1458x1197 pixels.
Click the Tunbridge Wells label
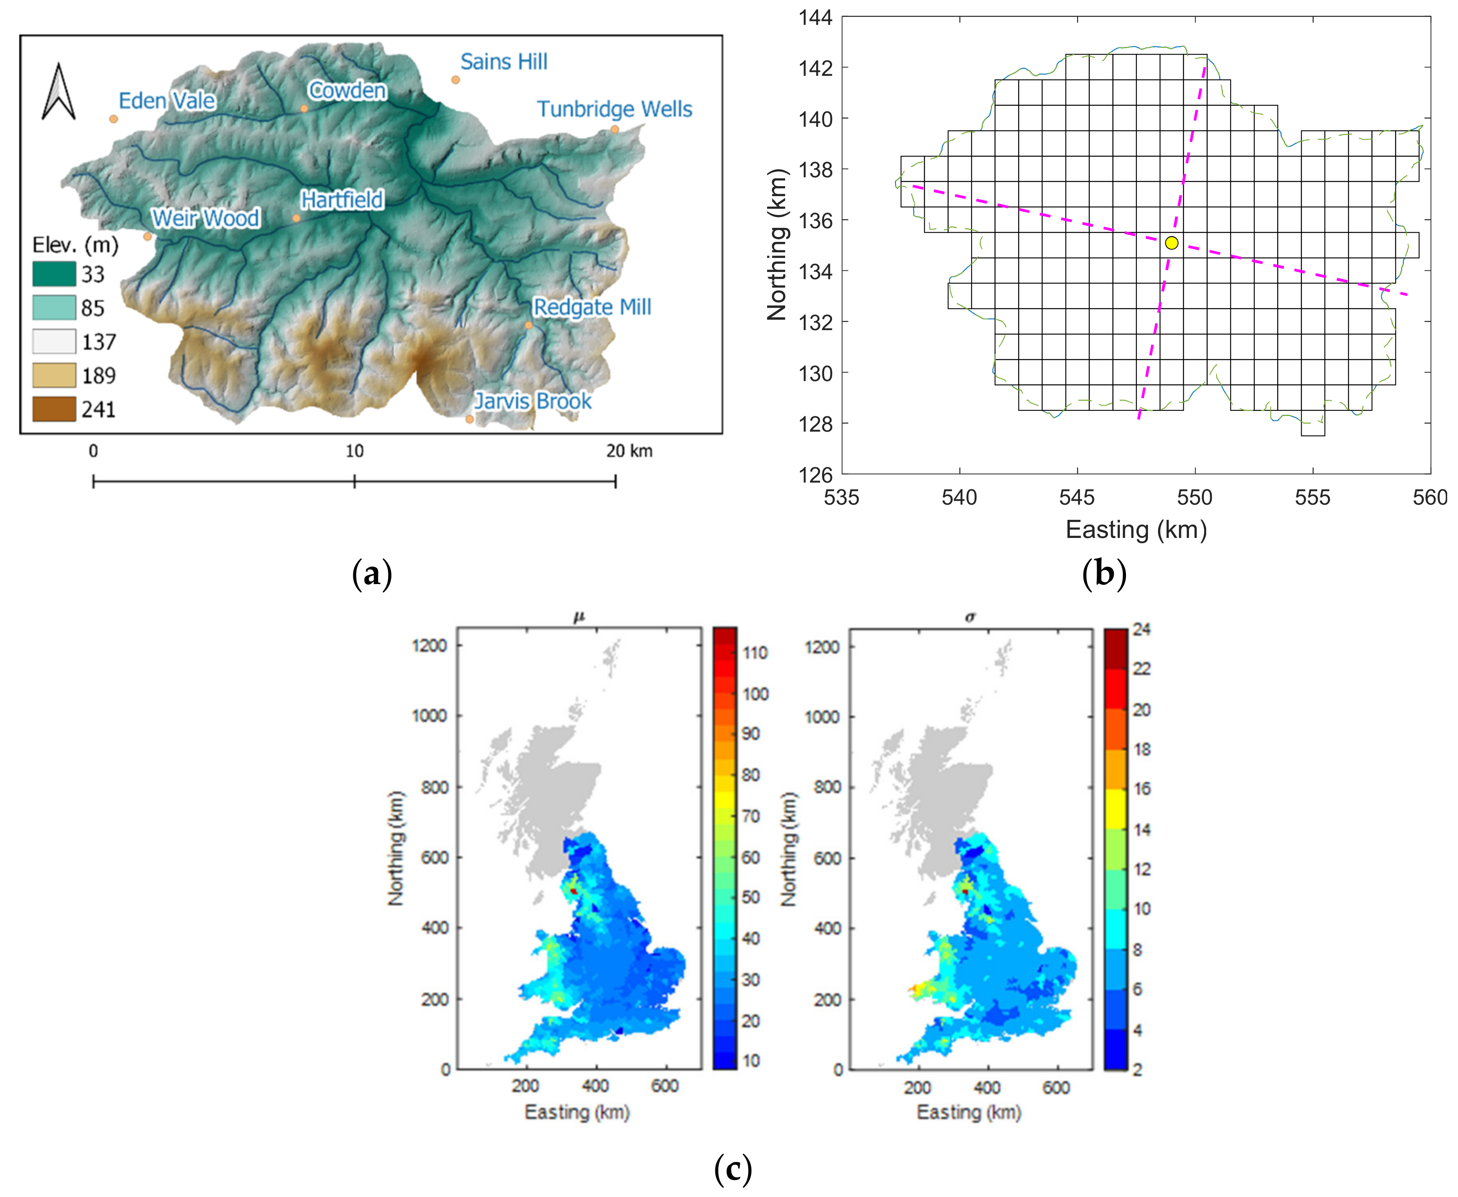pyautogui.click(x=614, y=109)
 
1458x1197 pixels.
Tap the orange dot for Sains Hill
pyautogui.click(x=456, y=80)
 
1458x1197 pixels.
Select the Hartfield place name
pyautogui.click(x=342, y=200)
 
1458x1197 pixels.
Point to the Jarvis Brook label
pyautogui.click(x=532, y=401)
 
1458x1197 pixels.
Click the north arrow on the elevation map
pyautogui.click(x=59, y=92)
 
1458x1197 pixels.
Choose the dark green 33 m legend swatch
pyautogui.click(x=54, y=274)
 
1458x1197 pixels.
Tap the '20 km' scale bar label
pyautogui.click(x=629, y=451)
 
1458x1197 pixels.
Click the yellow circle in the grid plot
pyautogui.click(x=1171, y=243)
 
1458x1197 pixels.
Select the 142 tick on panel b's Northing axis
pyautogui.click(x=816, y=67)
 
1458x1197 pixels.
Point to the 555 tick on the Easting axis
pyautogui.click(x=1312, y=497)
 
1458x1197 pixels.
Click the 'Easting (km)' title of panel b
pyautogui.click(x=1136, y=530)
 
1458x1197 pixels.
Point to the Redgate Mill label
pyautogui.click(x=592, y=307)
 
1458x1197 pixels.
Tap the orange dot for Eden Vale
pyautogui.click(x=114, y=119)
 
